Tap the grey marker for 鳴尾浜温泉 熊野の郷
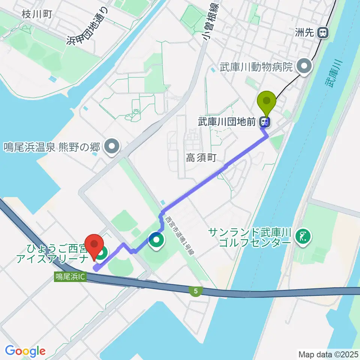(112, 146)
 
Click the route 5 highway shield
(196, 291)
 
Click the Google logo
(25, 351)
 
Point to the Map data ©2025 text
(327, 354)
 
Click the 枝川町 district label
(37, 15)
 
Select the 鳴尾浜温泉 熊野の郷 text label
(52, 146)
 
